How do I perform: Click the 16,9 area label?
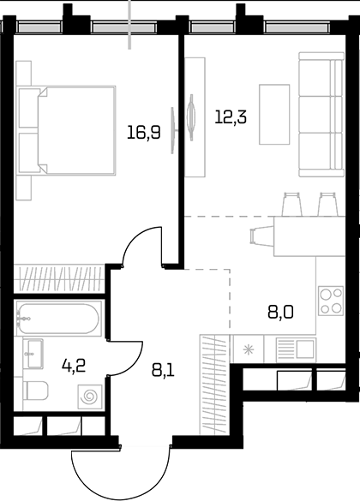click(143, 132)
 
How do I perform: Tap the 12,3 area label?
click(231, 116)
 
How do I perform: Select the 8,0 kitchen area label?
click(280, 313)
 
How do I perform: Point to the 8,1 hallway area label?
click(163, 370)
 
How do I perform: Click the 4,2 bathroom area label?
click(74, 366)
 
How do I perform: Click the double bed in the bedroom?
click(67, 130)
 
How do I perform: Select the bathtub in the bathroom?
click(58, 319)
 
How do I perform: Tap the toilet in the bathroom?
click(36, 391)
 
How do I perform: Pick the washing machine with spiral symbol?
click(90, 397)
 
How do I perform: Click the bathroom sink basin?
click(34, 354)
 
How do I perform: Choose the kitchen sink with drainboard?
click(296, 349)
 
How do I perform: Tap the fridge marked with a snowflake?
click(248, 349)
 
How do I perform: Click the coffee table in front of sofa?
click(274, 115)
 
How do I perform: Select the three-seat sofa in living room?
click(321, 115)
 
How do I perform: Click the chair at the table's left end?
click(261, 236)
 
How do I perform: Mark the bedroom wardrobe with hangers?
click(59, 278)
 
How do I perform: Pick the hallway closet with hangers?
click(214, 385)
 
